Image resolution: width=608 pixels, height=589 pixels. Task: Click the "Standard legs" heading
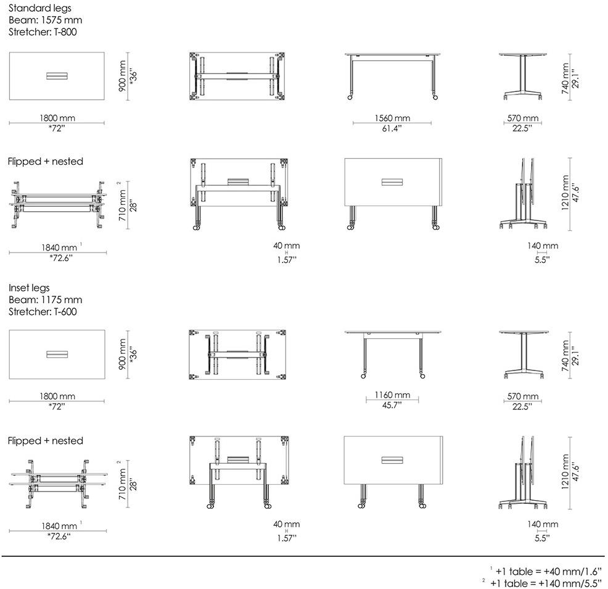[x=40, y=9]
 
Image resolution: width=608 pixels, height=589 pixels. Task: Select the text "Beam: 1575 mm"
[x=46, y=20]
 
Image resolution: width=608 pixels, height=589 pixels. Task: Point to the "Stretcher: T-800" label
[x=43, y=32]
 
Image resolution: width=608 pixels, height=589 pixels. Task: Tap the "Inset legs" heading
[x=29, y=288]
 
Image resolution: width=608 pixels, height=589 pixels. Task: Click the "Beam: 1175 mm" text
[x=46, y=299]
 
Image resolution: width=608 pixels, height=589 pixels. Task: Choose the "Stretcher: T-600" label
[x=43, y=311]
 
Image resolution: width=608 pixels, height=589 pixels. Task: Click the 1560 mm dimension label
[x=392, y=118]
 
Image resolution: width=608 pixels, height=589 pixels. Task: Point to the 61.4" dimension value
[x=392, y=128]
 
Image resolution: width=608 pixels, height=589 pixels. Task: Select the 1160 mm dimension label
[x=392, y=395]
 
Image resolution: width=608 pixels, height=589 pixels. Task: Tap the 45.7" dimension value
[x=392, y=406]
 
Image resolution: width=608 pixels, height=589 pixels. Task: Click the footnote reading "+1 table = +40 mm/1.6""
[x=549, y=572]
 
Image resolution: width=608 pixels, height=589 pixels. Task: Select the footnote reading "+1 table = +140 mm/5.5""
[x=546, y=583]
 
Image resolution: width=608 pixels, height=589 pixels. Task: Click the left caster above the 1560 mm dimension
[x=350, y=98]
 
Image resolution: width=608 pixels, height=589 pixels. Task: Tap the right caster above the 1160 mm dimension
[x=422, y=375]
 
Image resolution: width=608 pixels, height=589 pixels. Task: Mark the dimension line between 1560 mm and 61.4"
[x=392, y=123]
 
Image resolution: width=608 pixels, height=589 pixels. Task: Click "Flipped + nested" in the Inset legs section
[x=46, y=441]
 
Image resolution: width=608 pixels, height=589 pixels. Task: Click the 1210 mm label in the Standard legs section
[x=565, y=193]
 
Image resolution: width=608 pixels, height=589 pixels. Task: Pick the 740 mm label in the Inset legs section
[x=565, y=356]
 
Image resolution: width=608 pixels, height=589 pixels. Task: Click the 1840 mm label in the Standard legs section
[x=59, y=248]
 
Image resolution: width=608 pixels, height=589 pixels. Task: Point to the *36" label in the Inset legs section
[x=133, y=354]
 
